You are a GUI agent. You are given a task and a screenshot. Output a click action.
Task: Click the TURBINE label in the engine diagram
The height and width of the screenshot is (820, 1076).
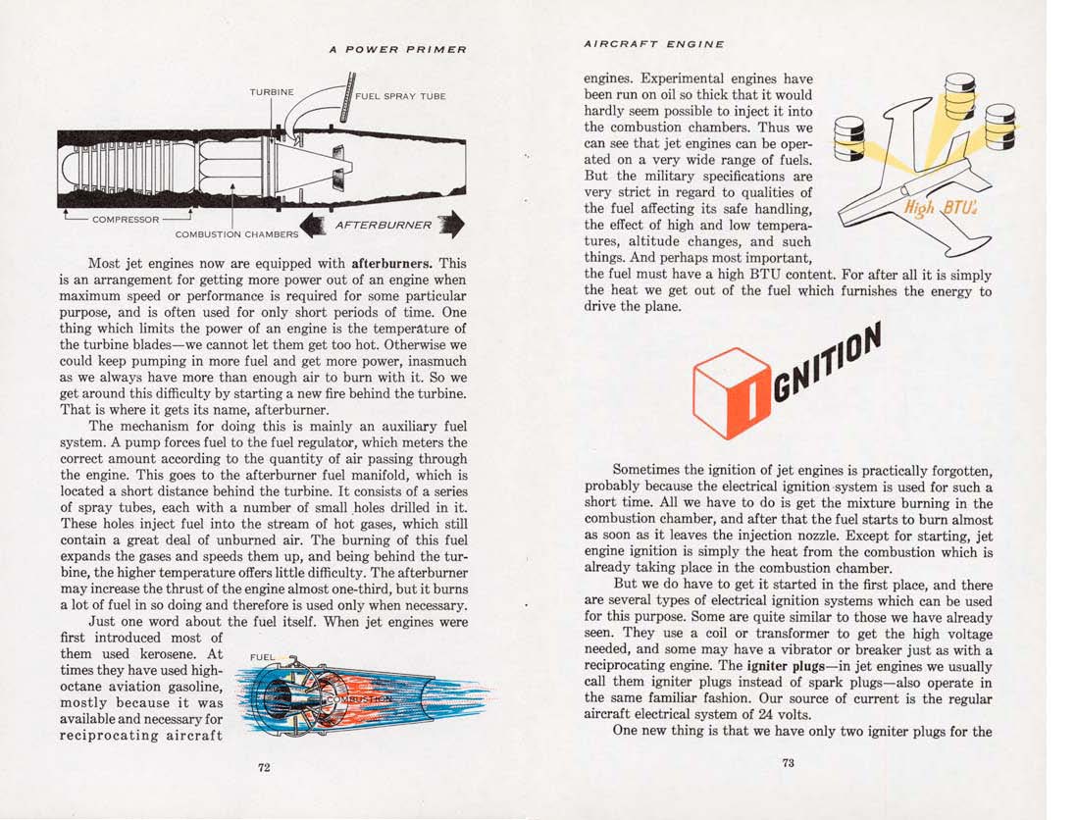[272, 91]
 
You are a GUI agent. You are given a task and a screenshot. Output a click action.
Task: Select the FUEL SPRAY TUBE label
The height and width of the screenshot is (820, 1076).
[400, 96]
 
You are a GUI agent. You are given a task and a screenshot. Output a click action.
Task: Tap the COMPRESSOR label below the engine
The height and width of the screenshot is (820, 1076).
[127, 219]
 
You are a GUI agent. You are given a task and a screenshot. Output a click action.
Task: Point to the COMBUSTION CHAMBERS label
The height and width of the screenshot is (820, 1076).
[236, 234]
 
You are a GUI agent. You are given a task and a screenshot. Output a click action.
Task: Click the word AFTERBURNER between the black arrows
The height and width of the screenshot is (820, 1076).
[383, 225]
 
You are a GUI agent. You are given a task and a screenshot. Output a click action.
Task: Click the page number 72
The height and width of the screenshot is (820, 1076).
[264, 767]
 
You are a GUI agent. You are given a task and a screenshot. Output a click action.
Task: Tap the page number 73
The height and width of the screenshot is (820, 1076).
[789, 763]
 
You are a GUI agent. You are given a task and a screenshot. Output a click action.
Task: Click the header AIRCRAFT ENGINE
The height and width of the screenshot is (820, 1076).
[653, 43]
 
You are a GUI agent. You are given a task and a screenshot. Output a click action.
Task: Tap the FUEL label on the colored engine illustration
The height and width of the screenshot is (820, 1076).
[263, 656]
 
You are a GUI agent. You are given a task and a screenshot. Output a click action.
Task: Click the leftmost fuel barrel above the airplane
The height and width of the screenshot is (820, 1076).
[847, 137]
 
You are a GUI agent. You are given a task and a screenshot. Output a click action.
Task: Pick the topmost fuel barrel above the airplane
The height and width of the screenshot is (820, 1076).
[963, 96]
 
